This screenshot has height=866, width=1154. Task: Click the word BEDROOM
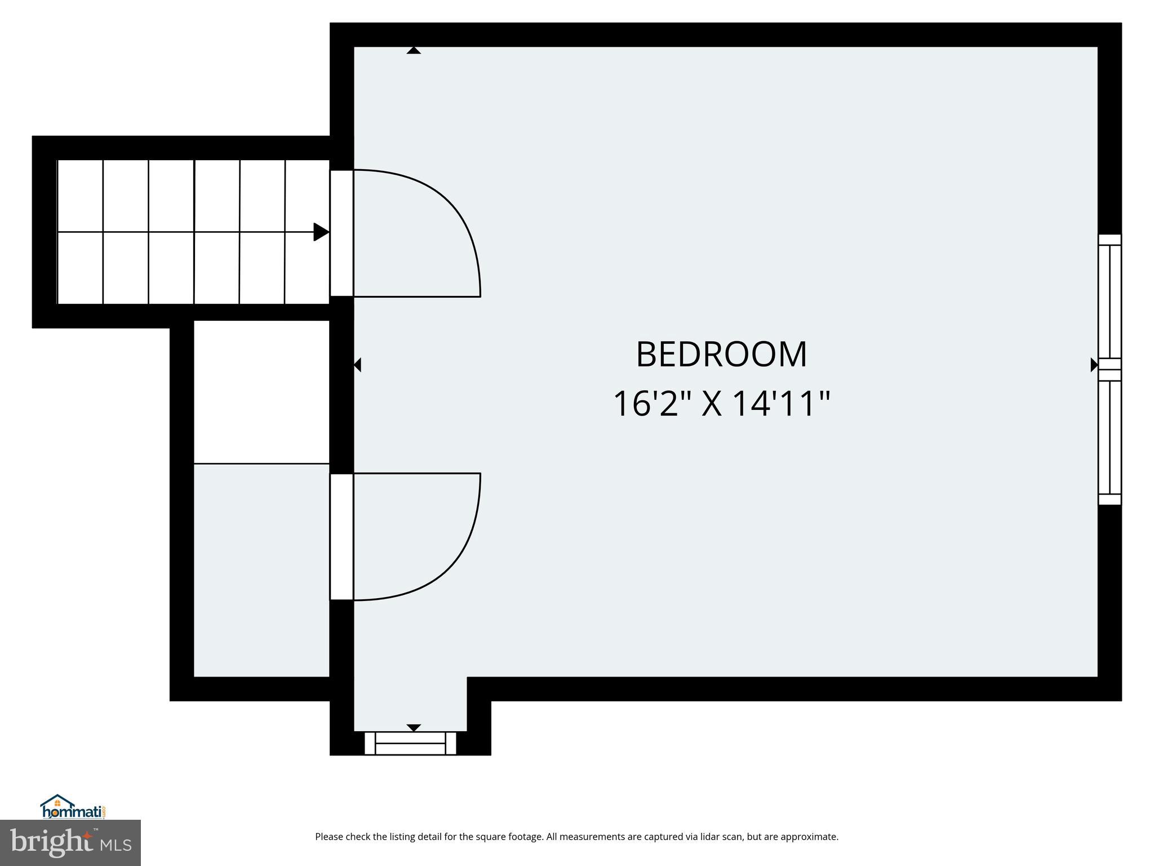coord(721,355)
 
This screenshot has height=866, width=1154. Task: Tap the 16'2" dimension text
coord(653,404)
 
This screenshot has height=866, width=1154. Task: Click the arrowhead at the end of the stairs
coord(321,232)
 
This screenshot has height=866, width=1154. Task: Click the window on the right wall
coord(1109,369)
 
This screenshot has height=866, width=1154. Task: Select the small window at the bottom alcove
coord(410,744)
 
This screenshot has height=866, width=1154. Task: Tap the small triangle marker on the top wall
coord(414,51)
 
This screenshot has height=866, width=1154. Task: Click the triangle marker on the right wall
coord(1094,365)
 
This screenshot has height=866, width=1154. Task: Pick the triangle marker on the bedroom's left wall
coord(357,365)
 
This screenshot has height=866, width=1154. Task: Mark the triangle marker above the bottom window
coord(414,728)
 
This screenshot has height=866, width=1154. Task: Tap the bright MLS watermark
coord(70,842)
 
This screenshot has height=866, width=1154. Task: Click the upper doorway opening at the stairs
coord(341,233)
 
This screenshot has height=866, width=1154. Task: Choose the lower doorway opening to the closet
coord(341,537)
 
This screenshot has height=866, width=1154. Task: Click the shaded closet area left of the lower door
coord(261,569)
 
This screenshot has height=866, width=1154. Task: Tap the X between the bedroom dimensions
coord(711,404)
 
